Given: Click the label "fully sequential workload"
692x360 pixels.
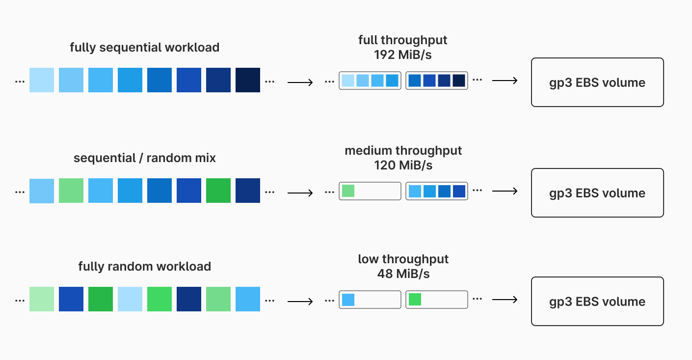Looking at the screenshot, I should click(x=144, y=48).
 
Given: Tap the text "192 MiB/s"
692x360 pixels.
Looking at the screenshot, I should click(x=402, y=55).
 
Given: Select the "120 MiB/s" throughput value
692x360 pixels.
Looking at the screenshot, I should click(x=403, y=165).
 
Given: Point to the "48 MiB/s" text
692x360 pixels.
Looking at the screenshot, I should click(x=403, y=274).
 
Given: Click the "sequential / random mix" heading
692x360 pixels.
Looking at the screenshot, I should click(x=144, y=158).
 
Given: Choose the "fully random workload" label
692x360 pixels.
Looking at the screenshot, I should click(x=144, y=267).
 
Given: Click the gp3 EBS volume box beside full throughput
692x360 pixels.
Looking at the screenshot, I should click(x=597, y=83).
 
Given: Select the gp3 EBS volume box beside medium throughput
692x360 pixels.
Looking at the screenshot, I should click(x=597, y=193).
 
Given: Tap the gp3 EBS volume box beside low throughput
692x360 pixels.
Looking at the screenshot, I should click(x=597, y=302).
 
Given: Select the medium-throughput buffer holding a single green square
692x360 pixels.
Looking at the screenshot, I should click(x=370, y=191).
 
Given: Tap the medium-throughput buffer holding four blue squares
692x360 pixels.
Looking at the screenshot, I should click(x=437, y=191).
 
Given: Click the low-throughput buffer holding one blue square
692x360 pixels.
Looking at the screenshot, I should click(x=370, y=300).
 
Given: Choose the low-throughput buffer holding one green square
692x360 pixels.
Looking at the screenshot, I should click(x=437, y=300).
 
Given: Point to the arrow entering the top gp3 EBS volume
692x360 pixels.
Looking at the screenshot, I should click(x=505, y=81).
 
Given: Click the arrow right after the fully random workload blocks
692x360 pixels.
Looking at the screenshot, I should click(x=300, y=300).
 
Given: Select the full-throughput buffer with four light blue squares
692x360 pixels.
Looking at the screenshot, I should click(x=370, y=81).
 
